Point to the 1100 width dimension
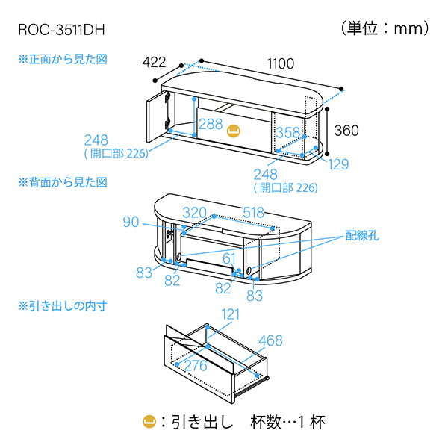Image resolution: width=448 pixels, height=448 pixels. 280,64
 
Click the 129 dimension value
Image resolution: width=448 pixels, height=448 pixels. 338,164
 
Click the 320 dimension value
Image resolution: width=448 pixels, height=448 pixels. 195,213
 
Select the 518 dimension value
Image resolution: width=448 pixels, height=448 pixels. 253,213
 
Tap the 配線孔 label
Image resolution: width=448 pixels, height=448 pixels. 363,234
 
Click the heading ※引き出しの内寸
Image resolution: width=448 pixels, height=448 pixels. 67,305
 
